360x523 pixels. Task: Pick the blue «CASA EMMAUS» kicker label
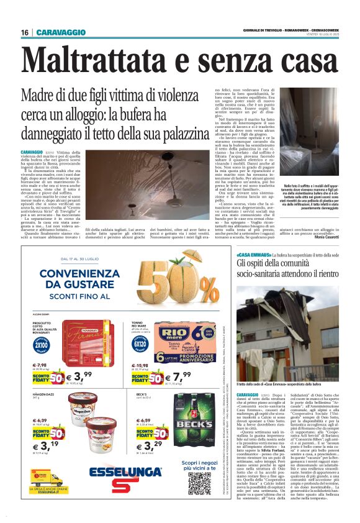click(x=253, y=255)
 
